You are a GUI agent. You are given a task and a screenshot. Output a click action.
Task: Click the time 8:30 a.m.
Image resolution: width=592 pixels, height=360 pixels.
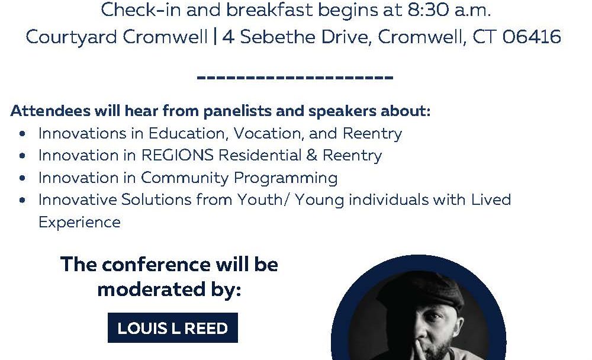click(x=449, y=10)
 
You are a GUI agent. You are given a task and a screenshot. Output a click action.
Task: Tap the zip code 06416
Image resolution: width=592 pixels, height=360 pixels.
click(x=532, y=37)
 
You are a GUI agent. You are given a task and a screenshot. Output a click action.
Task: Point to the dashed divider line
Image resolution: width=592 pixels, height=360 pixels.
click(x=295, y=78)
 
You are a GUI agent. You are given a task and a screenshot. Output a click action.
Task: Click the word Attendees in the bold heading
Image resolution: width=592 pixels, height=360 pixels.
click(x=50, y=111)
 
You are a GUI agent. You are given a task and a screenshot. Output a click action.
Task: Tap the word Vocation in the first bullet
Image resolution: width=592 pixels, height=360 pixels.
click(x=268, y=134)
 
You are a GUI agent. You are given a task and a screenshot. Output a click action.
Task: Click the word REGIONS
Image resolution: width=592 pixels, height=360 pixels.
click(x=177, y=155)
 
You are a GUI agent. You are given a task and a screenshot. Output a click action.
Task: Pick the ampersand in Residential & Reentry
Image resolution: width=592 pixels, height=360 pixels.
click(x=312, y=155)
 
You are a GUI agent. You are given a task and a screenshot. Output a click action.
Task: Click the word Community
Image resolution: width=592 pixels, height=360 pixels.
click(x=185, y=178)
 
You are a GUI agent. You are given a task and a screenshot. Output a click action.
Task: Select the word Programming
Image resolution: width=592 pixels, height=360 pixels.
click(x=285, y=178)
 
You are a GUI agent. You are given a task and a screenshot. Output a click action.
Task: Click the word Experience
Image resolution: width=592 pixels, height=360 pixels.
click(x=80, y=223)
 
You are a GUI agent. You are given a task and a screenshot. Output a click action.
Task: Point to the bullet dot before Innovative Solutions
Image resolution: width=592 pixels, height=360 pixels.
click(x=22, y=200)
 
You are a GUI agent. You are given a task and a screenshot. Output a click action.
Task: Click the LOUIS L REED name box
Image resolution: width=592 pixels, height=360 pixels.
click(x=172, y=328)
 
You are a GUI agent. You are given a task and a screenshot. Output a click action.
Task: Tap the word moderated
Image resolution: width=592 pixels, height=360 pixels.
click(x=146, y=290)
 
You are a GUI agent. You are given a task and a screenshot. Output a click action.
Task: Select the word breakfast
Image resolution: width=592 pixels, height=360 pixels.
click(x=269, y=10)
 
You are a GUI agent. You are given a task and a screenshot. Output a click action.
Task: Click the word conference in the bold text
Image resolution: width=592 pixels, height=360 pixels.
click(x=156, y=265)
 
